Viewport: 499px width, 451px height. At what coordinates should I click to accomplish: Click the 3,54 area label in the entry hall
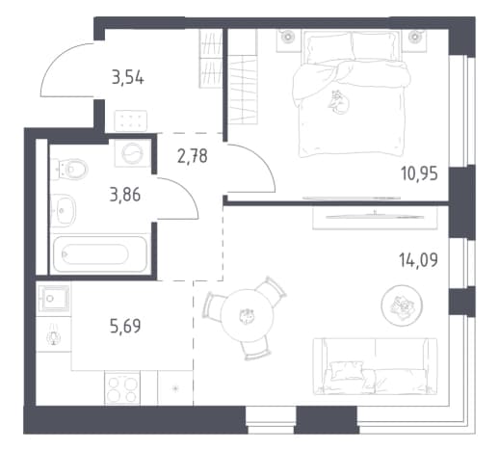point(128,78)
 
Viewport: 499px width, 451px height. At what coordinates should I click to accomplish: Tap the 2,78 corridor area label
point(193,156)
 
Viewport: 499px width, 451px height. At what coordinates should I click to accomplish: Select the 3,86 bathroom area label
point(125,195)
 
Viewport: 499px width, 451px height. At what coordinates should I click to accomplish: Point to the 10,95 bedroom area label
point(419,174)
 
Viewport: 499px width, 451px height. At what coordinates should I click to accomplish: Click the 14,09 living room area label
point(418,260)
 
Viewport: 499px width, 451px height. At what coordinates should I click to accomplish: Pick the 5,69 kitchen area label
point(125,327)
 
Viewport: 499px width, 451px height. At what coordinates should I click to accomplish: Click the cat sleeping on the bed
point(339,102)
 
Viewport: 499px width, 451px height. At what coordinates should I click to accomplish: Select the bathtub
point(100,254)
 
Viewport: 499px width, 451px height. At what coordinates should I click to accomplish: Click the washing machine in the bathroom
point(133,153)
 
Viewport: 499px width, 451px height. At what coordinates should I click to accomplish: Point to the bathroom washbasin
point(64,210)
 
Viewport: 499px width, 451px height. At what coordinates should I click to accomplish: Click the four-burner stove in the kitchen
point(122,388)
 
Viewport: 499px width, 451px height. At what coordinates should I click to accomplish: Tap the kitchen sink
point(54,299)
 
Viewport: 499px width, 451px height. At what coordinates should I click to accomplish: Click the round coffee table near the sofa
point(402,305)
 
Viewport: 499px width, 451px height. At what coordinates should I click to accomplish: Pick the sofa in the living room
point(375,366)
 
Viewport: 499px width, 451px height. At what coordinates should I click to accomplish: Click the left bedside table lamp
point(286,36)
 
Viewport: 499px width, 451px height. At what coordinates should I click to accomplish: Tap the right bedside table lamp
point(414,36)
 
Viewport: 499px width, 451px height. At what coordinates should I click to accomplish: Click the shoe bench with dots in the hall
point(131,120)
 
